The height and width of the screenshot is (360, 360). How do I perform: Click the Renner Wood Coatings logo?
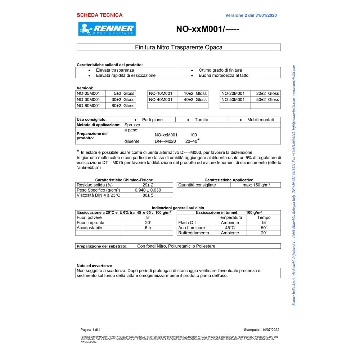tap(107, 29)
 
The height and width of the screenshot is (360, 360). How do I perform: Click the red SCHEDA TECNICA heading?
tap(99, 15)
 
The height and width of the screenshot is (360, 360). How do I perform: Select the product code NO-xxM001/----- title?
tap(208, 29)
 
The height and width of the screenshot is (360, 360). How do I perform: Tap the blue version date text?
tap(251, 15)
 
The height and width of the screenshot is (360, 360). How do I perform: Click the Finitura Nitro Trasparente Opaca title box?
tap(179, 47)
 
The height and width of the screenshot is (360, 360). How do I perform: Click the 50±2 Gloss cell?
tap(265, 99)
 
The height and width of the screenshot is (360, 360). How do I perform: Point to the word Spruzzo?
tap(132, 125)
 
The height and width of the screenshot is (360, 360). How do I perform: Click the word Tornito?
tap(201, 120)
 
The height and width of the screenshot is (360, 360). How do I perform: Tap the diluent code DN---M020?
tap(165, 141)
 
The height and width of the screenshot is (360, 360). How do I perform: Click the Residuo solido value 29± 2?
tap(148, 185)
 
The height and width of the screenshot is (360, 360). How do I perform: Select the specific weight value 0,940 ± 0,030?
tap(148, 190)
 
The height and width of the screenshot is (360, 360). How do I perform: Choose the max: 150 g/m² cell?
tap(256, 185)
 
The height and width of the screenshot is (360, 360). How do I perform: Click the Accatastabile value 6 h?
tap(148, 228)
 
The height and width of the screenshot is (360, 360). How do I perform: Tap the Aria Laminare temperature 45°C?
tap(230, 228)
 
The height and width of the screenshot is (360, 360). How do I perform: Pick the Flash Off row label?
tap(187, 222)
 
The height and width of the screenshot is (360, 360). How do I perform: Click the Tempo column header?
tap(264, 217)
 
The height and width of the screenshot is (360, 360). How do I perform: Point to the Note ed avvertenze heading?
tap(94, 266)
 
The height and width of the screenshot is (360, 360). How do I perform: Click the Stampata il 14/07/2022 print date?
tap(261, 329)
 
